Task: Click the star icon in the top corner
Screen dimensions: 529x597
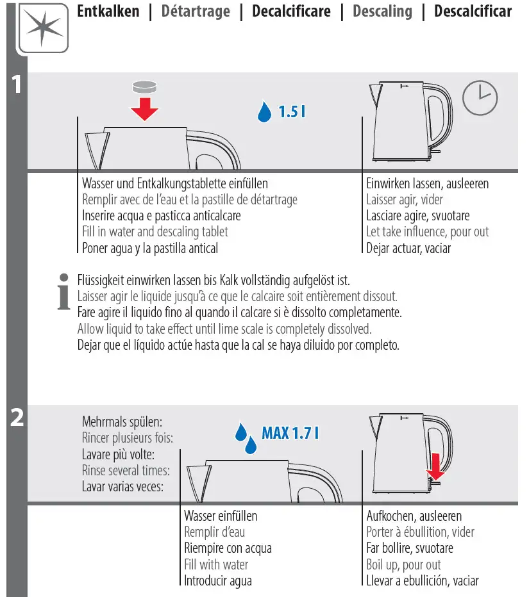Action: click(x=43, y=28)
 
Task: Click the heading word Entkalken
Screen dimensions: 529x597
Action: click(x=108, y=11)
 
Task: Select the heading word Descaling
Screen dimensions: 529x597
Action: click(x=382, y=12)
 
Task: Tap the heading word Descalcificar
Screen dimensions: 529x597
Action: click(x=473, y=11)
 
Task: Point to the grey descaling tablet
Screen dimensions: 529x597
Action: click(x=144, y=87)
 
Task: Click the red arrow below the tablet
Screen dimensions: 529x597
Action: click(x=144, y=109)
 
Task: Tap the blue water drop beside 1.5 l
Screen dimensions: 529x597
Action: click(x=264, y=111)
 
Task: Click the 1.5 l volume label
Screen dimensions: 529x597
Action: click(x=292, y=111)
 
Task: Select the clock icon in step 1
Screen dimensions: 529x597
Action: click(x=480, y=98)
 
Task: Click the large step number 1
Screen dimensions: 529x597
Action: click(x=17, y=84)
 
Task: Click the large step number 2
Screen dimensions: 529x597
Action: click(x=17, y=417)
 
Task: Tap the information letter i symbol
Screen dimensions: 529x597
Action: click(x=64, y=291)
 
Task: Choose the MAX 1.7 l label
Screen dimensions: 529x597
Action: click(x=290, y=433)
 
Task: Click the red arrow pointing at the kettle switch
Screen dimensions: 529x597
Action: click(x=435, y=466)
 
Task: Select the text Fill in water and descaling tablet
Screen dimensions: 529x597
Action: click(x=155, y=231)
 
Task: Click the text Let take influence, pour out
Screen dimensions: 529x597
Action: click(x=427, y=231)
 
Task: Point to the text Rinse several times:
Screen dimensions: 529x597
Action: click(x=126, y=471)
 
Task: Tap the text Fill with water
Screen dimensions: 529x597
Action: click(x=216, y=564)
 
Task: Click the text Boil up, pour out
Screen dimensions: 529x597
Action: click(x=403, y=564)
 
